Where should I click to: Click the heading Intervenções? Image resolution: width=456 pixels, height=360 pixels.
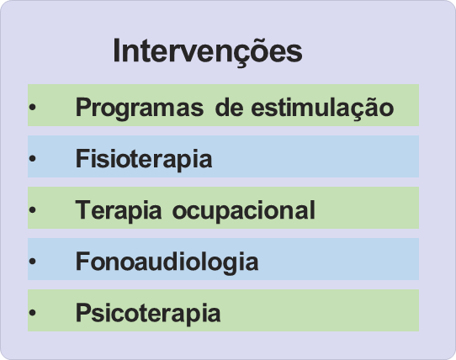pyautogui.click(x=208, y=52)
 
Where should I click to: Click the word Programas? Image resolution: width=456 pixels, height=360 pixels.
pyautogui.click(x=140, y=109)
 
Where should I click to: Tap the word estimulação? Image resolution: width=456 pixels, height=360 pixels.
pyautogui.click(x=322, y=109)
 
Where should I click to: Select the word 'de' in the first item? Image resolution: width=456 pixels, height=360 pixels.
pyautogui.click(x=229, y=107)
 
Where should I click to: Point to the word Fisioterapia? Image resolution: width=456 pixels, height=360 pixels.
pyautogui.click(x=144, y=159)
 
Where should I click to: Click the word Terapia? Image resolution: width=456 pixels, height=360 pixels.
pyautogui.click(x=119, y=211)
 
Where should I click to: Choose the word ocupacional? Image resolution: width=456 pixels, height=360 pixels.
pyautogui.click(x=244, y=211)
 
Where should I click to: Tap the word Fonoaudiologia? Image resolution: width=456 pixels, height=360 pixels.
pyautogui.click(x=167, y=262)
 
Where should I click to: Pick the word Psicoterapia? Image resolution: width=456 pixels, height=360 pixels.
pyautogui.click(x=148, y=314)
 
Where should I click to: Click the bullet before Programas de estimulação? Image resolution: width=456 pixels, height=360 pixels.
pyautogui.click(x=32, y=107)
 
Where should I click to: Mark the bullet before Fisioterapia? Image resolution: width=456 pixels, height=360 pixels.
pyautogui.click(x=32, y=158)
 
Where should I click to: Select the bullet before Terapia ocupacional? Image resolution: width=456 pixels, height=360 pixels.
pyautogui.click(x=32, y=209)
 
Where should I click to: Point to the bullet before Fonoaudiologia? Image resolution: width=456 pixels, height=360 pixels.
pyautogui.click(x=32, y=261)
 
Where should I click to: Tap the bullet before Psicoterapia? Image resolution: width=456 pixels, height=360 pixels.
pyautogui.click(x=32, y=312)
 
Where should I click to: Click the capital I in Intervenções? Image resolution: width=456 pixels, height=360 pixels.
pyautogui.click(x=116, y=50)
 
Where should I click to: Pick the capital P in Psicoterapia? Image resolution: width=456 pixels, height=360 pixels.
pyautogui.click(x=84, y=312)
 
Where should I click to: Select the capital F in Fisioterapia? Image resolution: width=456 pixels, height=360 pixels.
pyautogui.click(x=83, y=157)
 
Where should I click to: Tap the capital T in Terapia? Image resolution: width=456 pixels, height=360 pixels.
pyautogui.click(x=85, y=209)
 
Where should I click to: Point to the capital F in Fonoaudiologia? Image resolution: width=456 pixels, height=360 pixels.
pyautogui.click(x=83, y=261)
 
